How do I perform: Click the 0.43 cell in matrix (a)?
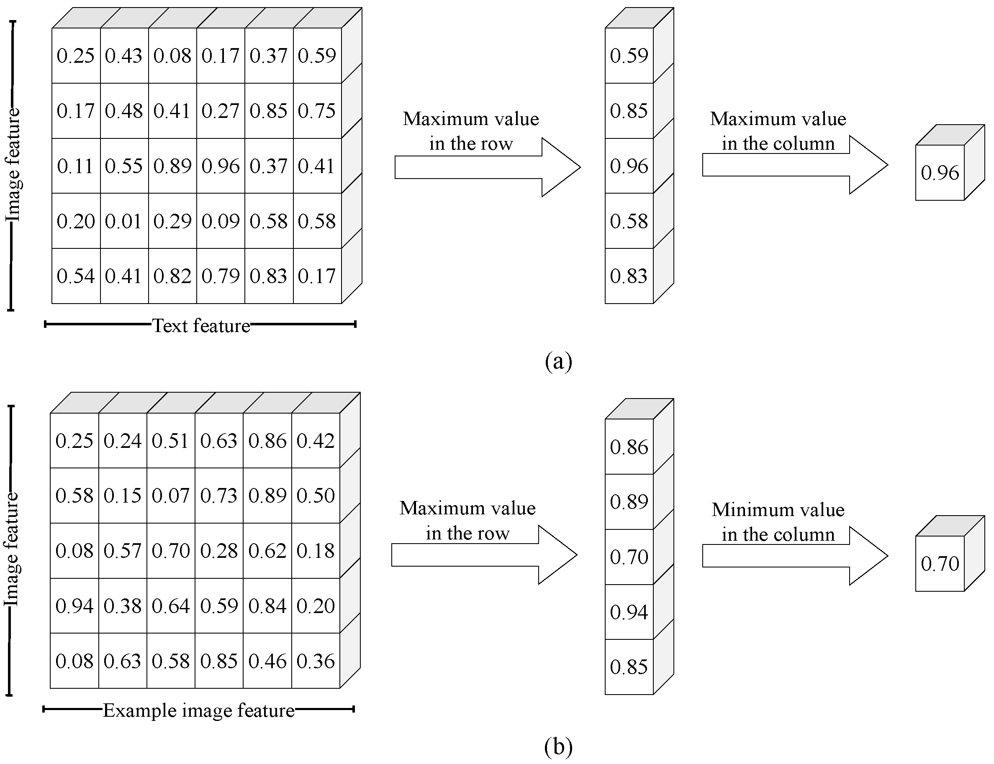point(124,56)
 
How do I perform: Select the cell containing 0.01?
point(124,221)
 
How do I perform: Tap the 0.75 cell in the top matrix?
point(317,110)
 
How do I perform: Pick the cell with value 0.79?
point(220,276)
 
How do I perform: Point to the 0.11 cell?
point(76,166)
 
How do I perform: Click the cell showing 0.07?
point(171,495)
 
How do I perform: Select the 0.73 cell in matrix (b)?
point(219,495)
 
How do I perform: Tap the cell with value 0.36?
point(316,661)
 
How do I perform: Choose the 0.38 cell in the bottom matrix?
point(123,606)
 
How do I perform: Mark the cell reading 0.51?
point(171,441)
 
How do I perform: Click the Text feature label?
point(201,326)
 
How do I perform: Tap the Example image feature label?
point(199,710)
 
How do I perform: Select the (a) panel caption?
point(558,362)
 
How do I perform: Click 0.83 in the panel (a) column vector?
point(629,276)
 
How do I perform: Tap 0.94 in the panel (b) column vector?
point(629,612)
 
